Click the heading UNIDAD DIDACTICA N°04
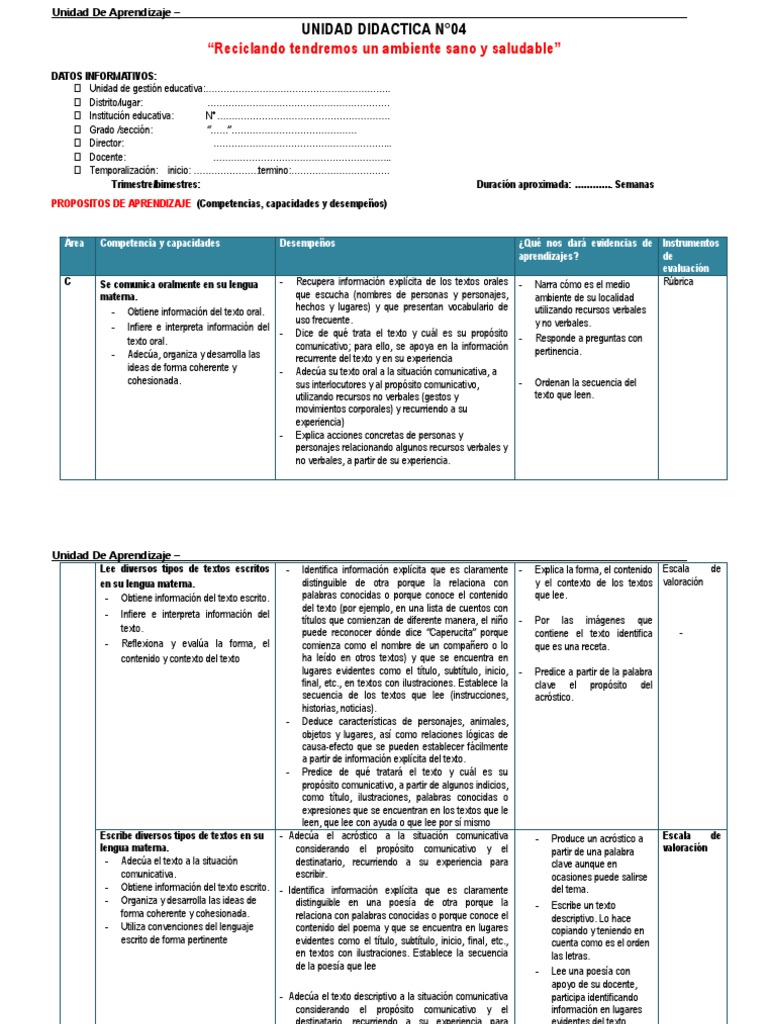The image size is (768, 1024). pos(384,30)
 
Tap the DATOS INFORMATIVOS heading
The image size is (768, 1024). pos(104,76)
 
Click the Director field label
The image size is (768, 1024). pos(106,143)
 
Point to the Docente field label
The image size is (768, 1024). pos(107,157)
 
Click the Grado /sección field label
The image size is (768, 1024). pos(121,130)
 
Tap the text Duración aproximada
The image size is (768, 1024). pos(524,185)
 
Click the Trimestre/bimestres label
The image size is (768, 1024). pos(156,185)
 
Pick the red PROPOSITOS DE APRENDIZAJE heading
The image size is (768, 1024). pos(121,204)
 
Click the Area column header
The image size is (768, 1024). pos(74,244)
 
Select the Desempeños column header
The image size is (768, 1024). pos(308,244)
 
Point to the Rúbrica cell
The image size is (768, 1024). pos(678,282)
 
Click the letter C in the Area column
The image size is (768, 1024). pos(68,282)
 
